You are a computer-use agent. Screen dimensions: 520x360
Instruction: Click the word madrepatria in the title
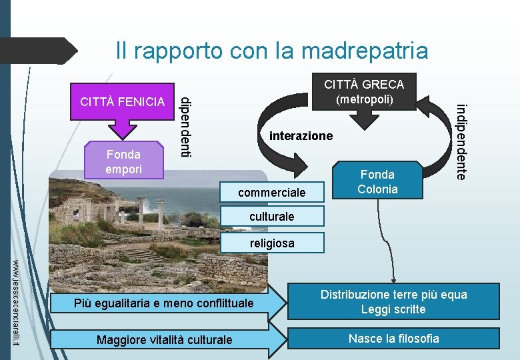point(365,50)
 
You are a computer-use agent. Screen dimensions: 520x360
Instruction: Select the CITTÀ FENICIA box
point(121,102)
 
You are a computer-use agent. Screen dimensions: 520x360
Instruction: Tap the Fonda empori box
point(123,161)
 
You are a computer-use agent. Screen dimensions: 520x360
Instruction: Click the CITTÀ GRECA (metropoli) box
point(364,91)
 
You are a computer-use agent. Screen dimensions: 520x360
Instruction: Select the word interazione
point(301,136)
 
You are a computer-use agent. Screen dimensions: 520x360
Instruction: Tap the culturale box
point(271,217)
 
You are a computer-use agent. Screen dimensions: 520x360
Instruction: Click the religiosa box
point(272,243)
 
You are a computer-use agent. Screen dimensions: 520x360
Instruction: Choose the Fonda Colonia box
point(377,181)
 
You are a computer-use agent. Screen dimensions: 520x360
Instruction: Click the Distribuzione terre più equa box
point(393,301)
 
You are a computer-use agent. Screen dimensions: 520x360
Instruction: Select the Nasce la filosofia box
point(393,338)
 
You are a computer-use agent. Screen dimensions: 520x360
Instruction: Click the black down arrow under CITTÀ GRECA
point(365,118)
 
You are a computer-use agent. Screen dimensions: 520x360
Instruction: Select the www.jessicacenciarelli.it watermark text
point(18,303)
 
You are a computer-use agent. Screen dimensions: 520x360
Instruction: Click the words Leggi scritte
point(393,309)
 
